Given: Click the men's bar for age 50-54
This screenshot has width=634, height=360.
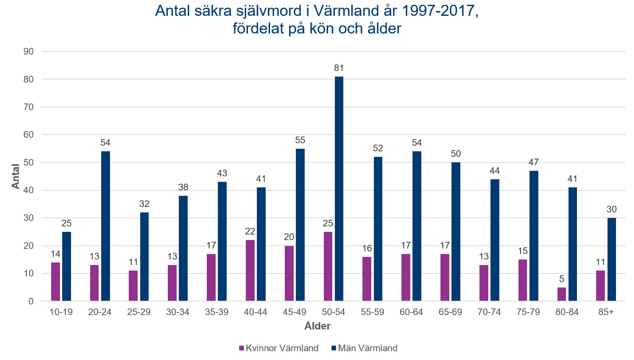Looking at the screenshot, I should pos(339,188).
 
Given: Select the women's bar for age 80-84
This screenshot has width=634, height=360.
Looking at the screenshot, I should pos(562,294).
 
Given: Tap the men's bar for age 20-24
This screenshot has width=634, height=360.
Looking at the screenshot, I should pos(105,226).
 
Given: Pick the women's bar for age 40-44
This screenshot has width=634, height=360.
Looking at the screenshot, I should pos(250,271).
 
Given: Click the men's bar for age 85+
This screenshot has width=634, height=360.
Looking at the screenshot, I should pos(612,259).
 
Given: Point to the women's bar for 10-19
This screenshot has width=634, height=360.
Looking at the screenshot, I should pos(56,282).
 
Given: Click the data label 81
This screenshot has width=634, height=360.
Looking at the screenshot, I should pos(339,68).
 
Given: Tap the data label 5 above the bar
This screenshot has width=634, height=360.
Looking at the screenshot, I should pos(562,279).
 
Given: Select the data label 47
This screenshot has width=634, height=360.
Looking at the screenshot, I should pos(534,162).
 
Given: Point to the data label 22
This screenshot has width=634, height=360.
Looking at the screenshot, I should pos(250,232).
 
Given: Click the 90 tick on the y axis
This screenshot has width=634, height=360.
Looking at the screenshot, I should pos(28,52).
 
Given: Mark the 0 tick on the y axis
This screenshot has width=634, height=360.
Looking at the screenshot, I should pos(31,301).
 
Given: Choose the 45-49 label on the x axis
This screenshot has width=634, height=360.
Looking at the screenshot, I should pos(294,312).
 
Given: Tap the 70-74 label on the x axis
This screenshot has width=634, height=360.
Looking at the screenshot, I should pos(489,312).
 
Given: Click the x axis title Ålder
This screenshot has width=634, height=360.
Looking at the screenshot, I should pos(317,326).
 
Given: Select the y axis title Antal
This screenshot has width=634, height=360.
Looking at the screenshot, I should pos(15,176).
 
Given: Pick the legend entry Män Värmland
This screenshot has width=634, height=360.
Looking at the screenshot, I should pos(368,348).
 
